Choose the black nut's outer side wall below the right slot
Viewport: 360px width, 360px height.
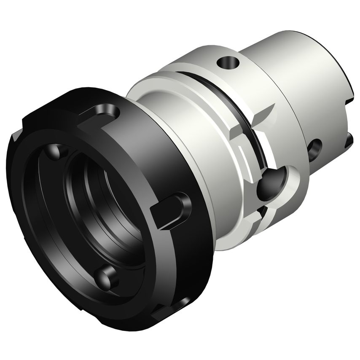click(185, 261)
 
